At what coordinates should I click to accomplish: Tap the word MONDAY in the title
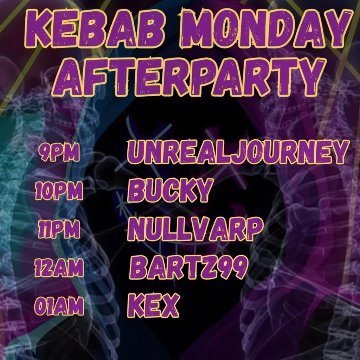coord(264,28)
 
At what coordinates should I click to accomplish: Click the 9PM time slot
coord(59,152)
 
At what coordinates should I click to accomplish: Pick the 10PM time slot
coord(59,192)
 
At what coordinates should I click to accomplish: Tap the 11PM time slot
coord(59,230)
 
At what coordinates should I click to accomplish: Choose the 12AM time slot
coord(59,268)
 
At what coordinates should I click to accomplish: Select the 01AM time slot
coord(59,307)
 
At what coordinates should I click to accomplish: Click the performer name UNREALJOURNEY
coord(238,152)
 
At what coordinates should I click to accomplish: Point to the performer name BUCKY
coord(171,190)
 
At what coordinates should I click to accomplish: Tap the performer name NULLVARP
coord(195,229)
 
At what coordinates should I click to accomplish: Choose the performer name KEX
coord(153,306)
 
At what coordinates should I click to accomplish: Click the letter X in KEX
coord(169,306)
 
